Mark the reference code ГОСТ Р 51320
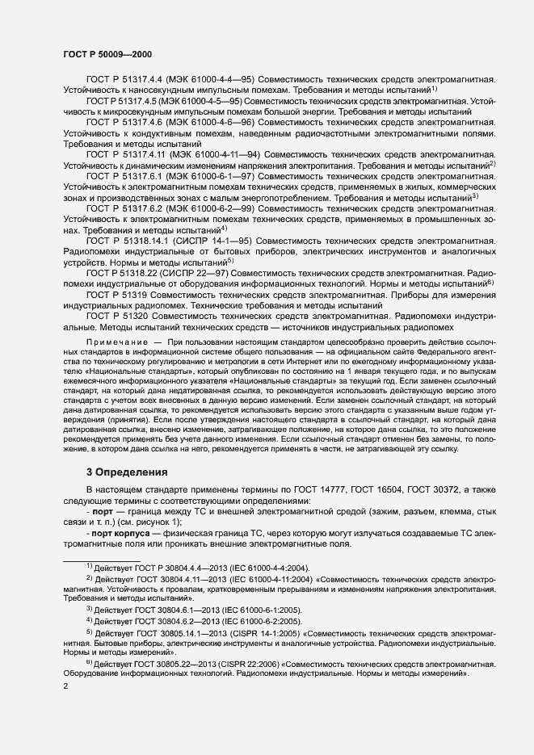(x=112, y=317)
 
